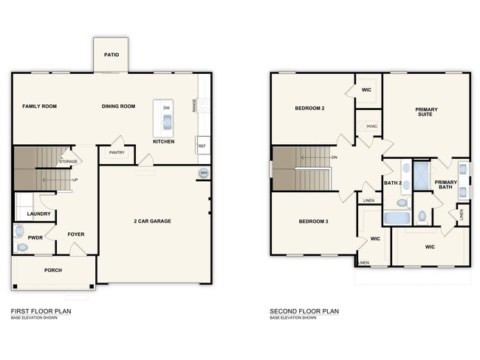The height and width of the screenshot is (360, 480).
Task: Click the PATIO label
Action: coord(112,54)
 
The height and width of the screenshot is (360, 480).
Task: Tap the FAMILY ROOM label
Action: coord(39,106)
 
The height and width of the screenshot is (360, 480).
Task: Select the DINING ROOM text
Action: coord(118,106)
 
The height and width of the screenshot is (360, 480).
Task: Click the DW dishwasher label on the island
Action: coord(166,108)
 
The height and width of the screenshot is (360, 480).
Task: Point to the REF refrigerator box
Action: coord(202,146)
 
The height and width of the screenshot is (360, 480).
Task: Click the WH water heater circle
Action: coord(203,174)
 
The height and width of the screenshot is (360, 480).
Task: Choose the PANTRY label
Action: coord(117,153)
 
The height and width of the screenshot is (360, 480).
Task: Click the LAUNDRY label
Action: coord(38,214)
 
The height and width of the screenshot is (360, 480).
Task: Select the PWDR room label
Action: coord(25,237)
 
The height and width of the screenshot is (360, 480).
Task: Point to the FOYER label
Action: coord(75,234)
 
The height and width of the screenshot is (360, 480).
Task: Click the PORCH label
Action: coord(53,270)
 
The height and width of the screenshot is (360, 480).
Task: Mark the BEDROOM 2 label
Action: coord(310,108)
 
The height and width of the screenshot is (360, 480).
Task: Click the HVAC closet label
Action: coord(371,126)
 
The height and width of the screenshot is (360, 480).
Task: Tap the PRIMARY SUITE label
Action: coord(426,112)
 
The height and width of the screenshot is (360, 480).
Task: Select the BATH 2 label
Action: coord(392,183)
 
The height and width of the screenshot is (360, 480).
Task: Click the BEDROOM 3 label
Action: coord(313,221)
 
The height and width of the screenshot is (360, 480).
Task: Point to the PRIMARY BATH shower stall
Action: coord(422,177)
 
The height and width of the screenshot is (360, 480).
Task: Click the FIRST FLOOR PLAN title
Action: coord(41,311)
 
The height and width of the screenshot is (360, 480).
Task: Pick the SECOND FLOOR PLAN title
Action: coord(304,311)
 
